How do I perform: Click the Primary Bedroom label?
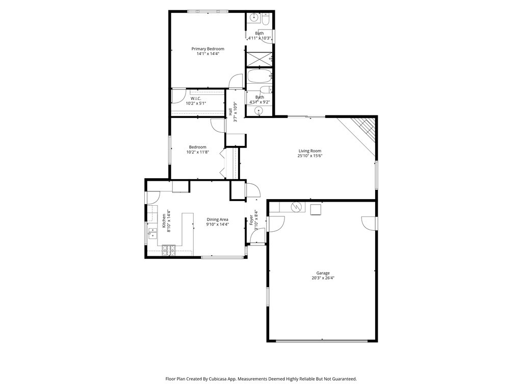point(207,49)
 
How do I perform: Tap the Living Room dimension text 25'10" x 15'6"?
point(310,156)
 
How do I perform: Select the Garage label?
point(323,273)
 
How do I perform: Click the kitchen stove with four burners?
point(168,250)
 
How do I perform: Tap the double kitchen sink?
point(152,233)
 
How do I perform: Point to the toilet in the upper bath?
point(266,20)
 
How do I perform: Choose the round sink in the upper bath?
point(253,19)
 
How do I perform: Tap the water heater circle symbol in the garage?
point(296,207)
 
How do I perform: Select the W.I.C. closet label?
point(196,99)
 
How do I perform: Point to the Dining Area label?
point(217,219)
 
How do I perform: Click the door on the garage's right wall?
point(369,223)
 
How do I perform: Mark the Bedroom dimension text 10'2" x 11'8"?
point(197,152)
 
